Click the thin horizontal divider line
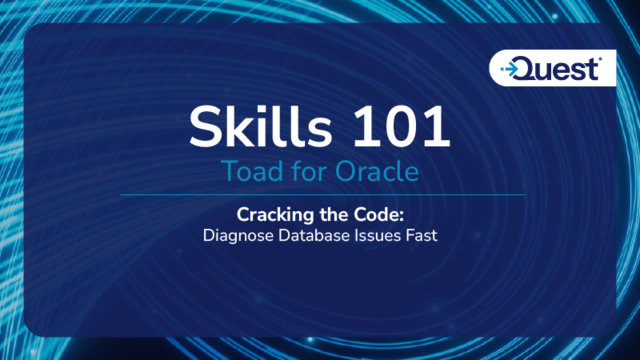pyautogui.click(x=321, y=193)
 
